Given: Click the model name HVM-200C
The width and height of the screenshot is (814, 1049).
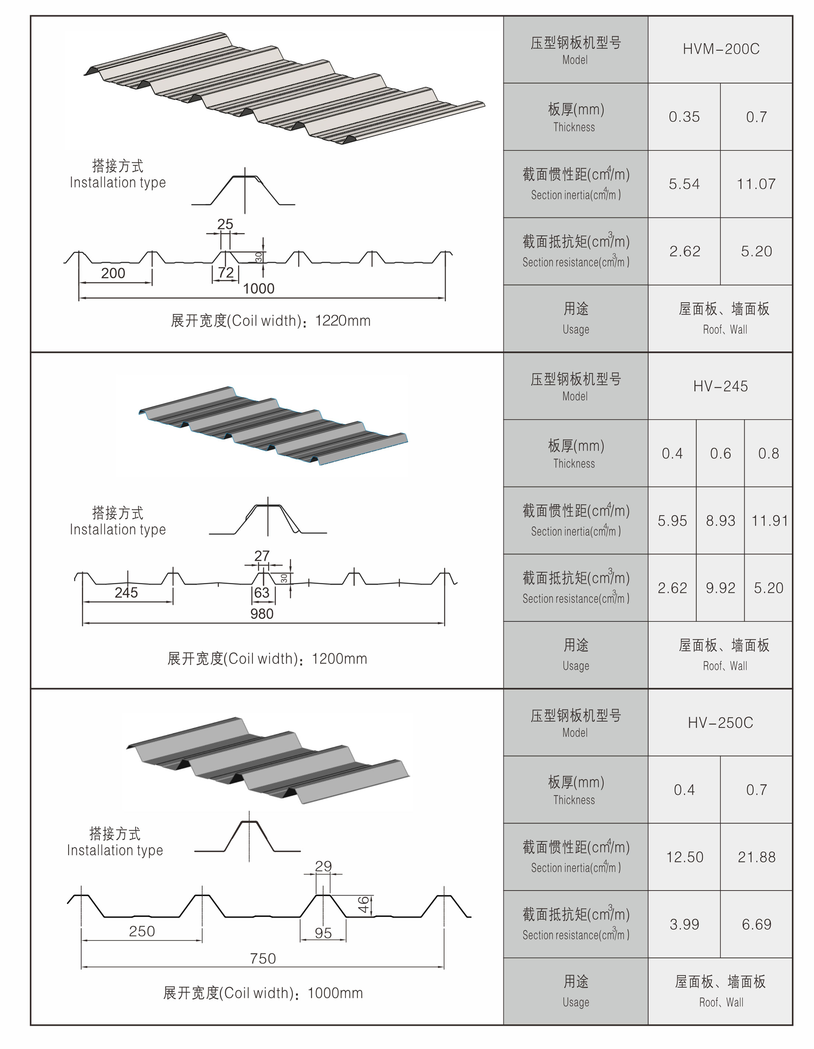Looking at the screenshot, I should [x=720, y=49].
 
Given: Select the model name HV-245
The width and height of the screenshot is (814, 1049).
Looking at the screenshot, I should [x=720, y=386].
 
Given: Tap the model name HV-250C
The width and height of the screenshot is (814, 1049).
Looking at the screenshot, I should [x=720, y=723].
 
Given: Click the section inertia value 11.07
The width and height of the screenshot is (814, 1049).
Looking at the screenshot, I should [x=756, y=184].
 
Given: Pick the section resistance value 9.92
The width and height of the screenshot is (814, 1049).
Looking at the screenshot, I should [x=720, y=588].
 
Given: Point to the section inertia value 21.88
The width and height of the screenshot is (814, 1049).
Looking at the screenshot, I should [x=756, y=857].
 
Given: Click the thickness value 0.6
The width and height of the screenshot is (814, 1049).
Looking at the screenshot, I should [x=720, y=453].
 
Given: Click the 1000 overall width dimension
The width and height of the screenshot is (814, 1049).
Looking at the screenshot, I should [x=259, y=289].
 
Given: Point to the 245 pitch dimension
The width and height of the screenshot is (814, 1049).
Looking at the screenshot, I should [x=126, y=593].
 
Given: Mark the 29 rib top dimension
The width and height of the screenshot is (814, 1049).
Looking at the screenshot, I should [x=323, y=866].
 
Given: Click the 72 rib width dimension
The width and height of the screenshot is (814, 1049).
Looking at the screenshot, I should [x=225, y=272].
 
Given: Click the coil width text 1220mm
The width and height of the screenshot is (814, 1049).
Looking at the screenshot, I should [x=343, y=321].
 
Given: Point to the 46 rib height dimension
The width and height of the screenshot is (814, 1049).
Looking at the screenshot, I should [x=364, y=904].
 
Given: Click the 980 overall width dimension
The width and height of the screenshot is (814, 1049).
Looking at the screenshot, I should [x=262, y=614].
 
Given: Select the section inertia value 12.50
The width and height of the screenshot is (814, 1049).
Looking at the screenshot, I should [x=684, y=857].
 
